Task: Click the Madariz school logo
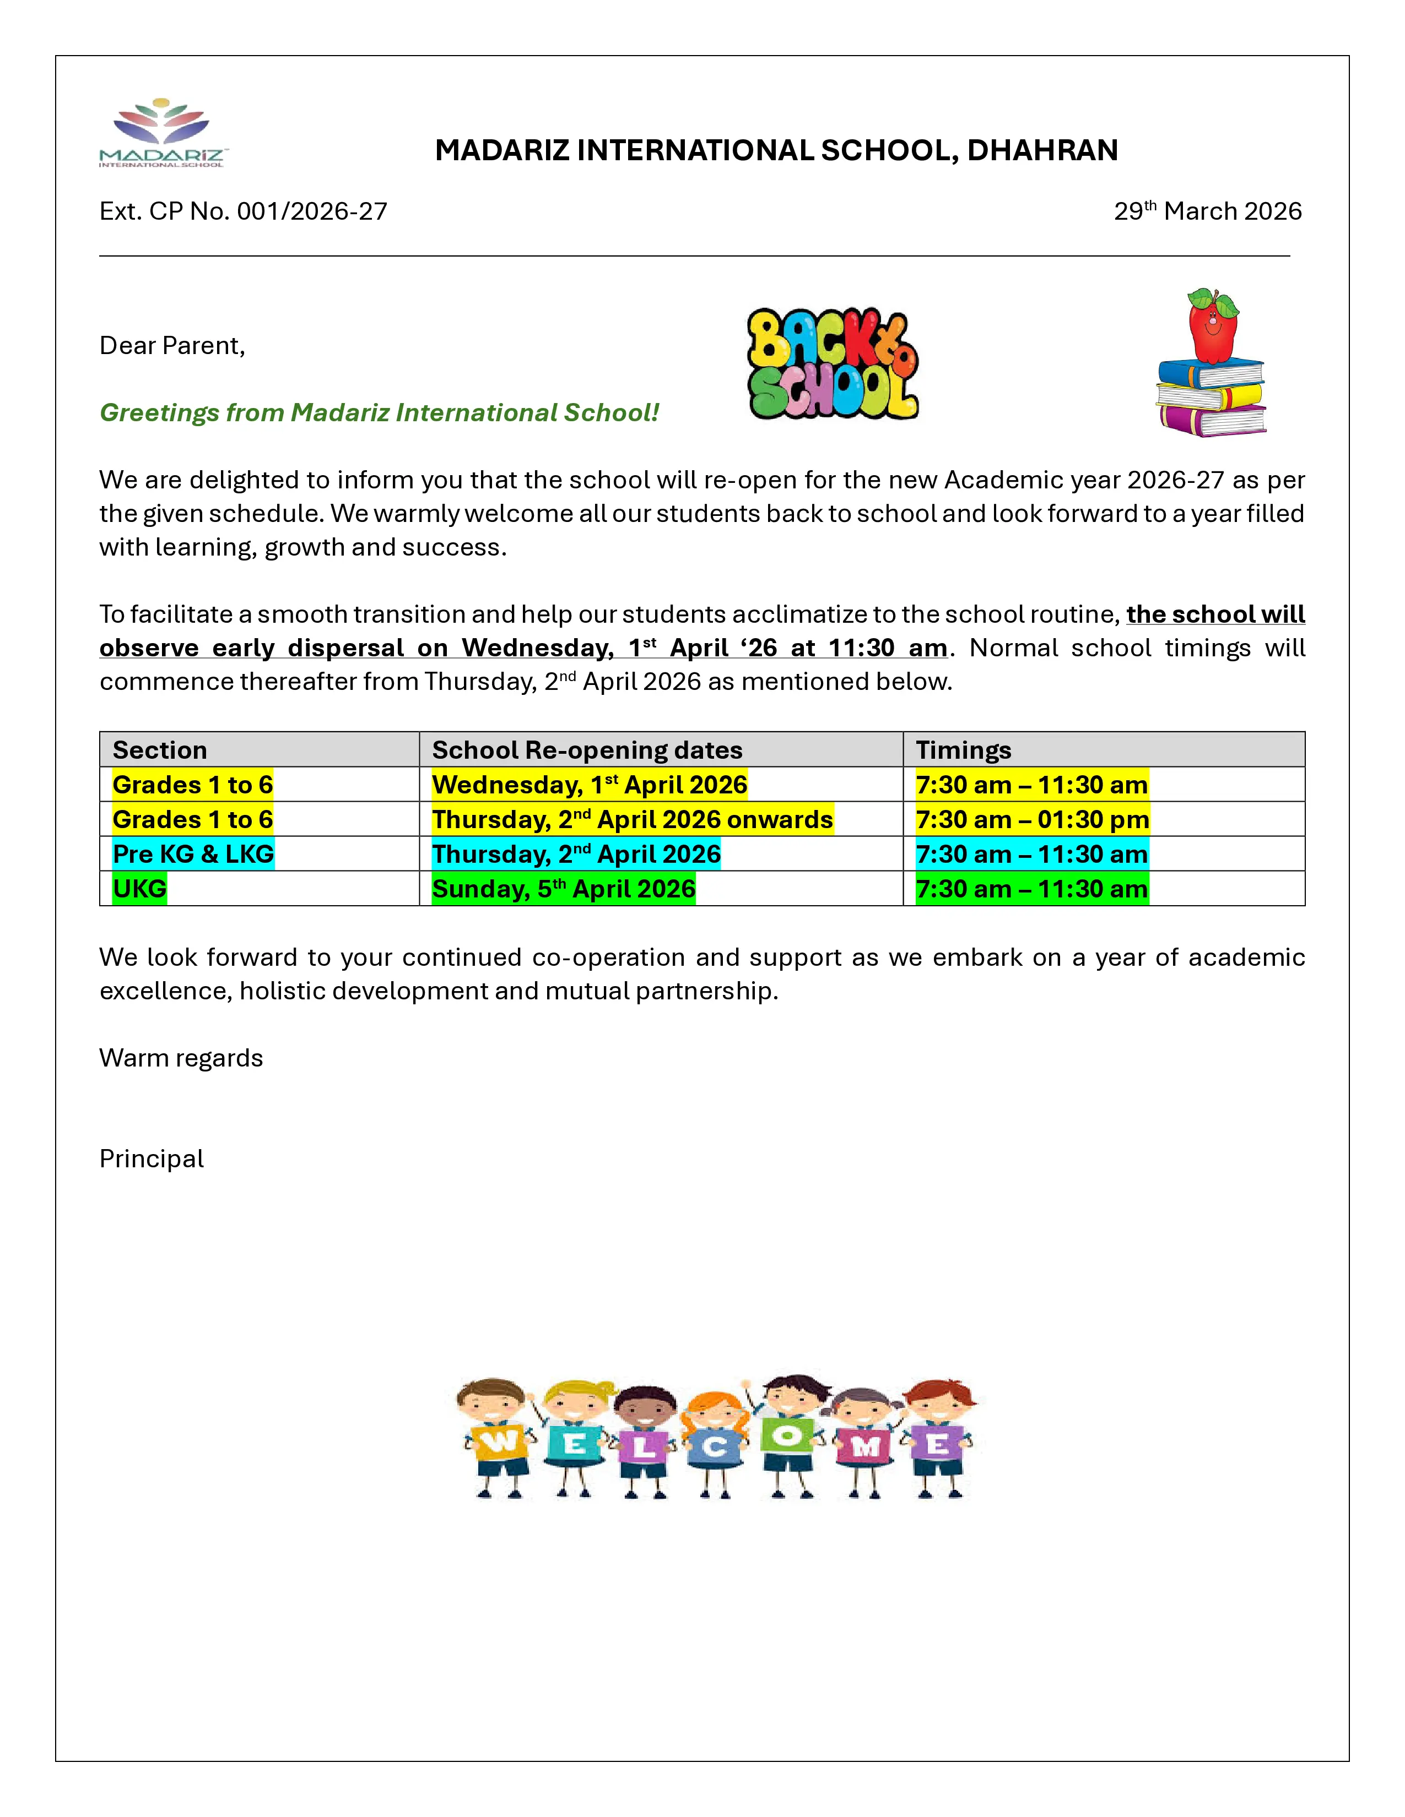163,133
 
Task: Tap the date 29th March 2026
1207,211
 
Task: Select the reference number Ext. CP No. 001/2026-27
243,211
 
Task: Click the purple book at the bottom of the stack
1211,420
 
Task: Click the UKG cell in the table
140,889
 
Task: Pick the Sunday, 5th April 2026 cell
564,889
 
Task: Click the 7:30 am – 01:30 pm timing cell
1031,819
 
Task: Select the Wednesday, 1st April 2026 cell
590,785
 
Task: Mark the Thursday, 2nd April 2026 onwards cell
632,819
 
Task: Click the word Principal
152,1159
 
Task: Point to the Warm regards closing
181,1058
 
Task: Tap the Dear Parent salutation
172,345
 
